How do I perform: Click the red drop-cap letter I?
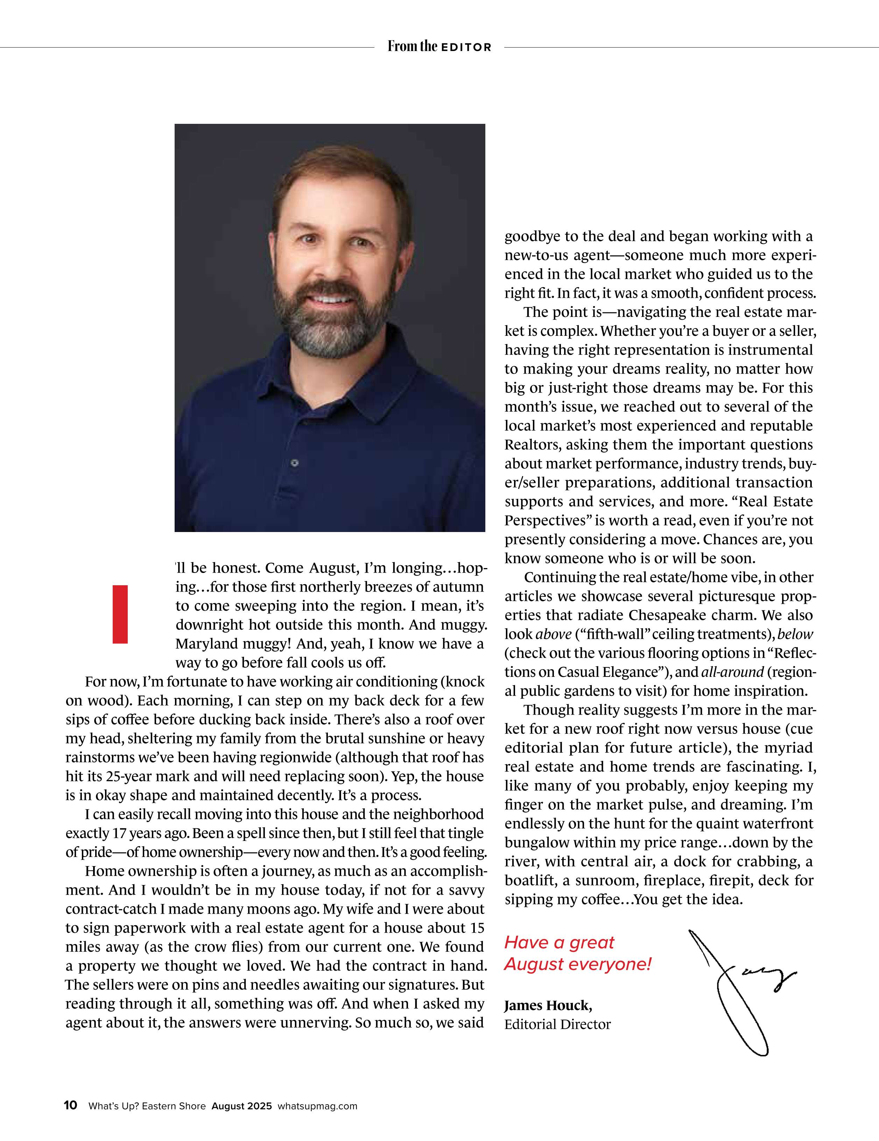coord(120,614)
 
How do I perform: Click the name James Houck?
coord(547,1005)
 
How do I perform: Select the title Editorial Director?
coord(557,1025)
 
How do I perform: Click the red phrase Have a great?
coord(559,942)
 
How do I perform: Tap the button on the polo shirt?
coord(295,463)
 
